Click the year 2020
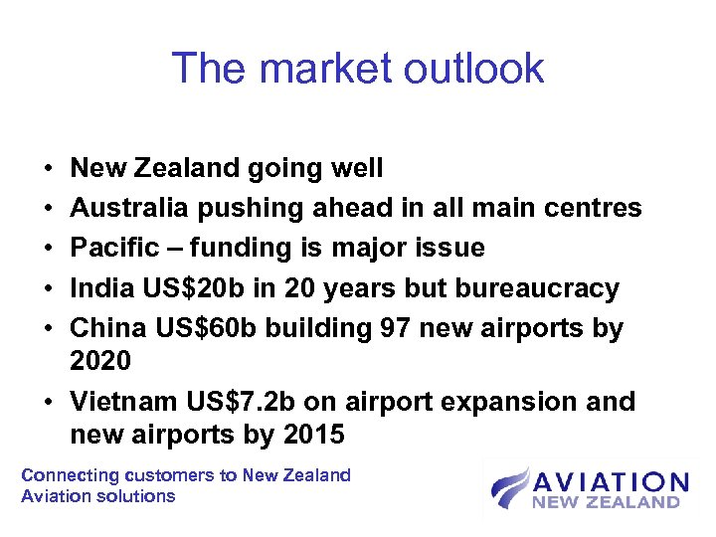point(100,360)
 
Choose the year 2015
point(313,435)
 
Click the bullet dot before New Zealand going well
point(34,169)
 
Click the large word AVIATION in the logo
point(611,484)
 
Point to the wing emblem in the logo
point(508,486)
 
